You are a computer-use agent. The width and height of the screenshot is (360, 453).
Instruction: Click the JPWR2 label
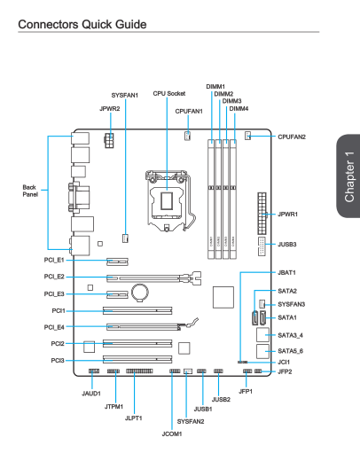point(110,109)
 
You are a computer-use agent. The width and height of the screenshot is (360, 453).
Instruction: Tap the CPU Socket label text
point(169,93)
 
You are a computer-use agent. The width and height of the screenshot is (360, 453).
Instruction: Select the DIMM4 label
point(239,109)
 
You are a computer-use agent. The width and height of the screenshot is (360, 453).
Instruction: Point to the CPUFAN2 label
point(292,137)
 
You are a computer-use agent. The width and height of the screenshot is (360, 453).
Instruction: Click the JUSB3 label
point(287,245)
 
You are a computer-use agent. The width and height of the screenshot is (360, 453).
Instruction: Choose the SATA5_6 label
point(291,351)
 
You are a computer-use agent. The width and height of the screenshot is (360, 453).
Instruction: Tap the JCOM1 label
point(172,433)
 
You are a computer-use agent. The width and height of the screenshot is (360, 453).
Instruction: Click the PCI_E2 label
point(54,277)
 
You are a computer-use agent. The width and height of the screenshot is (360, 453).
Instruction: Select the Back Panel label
point(30,191)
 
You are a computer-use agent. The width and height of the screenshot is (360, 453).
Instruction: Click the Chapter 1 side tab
point(348,176)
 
